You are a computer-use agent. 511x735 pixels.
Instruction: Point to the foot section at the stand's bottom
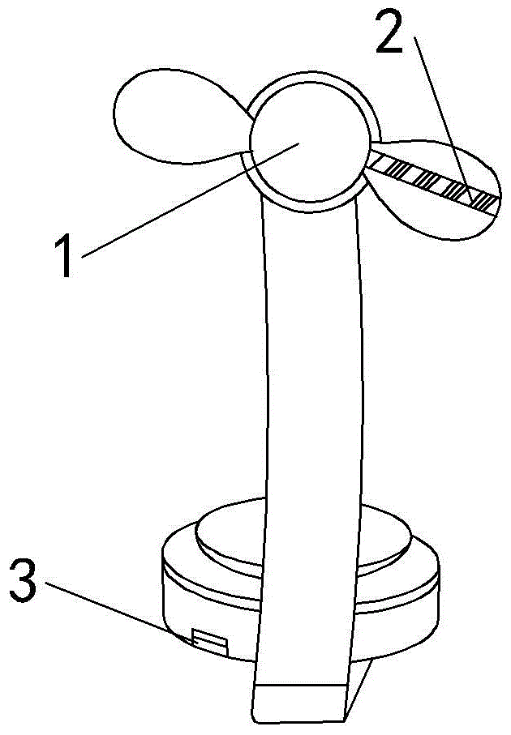[x=300, y=705]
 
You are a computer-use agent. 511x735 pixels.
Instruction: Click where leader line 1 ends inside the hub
[x=299, y=143]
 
